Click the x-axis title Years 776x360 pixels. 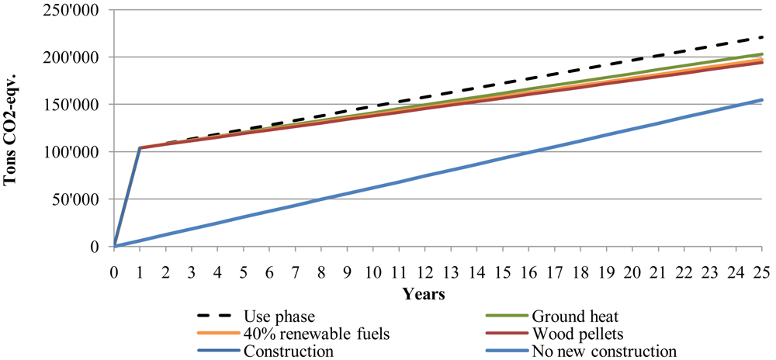pos(423,294)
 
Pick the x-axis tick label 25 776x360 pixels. pos(761,274)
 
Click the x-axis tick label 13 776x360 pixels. pos(451,274)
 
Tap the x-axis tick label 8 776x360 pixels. pos(321,274)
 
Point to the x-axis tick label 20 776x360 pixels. pos(632,274)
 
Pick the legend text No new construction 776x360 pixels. pos(605,351)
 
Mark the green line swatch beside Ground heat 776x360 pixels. pos(507,316)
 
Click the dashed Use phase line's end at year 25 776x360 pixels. pos(761,37)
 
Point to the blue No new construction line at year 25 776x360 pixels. pos(761,100)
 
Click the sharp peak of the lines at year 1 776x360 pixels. pos(140,147)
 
